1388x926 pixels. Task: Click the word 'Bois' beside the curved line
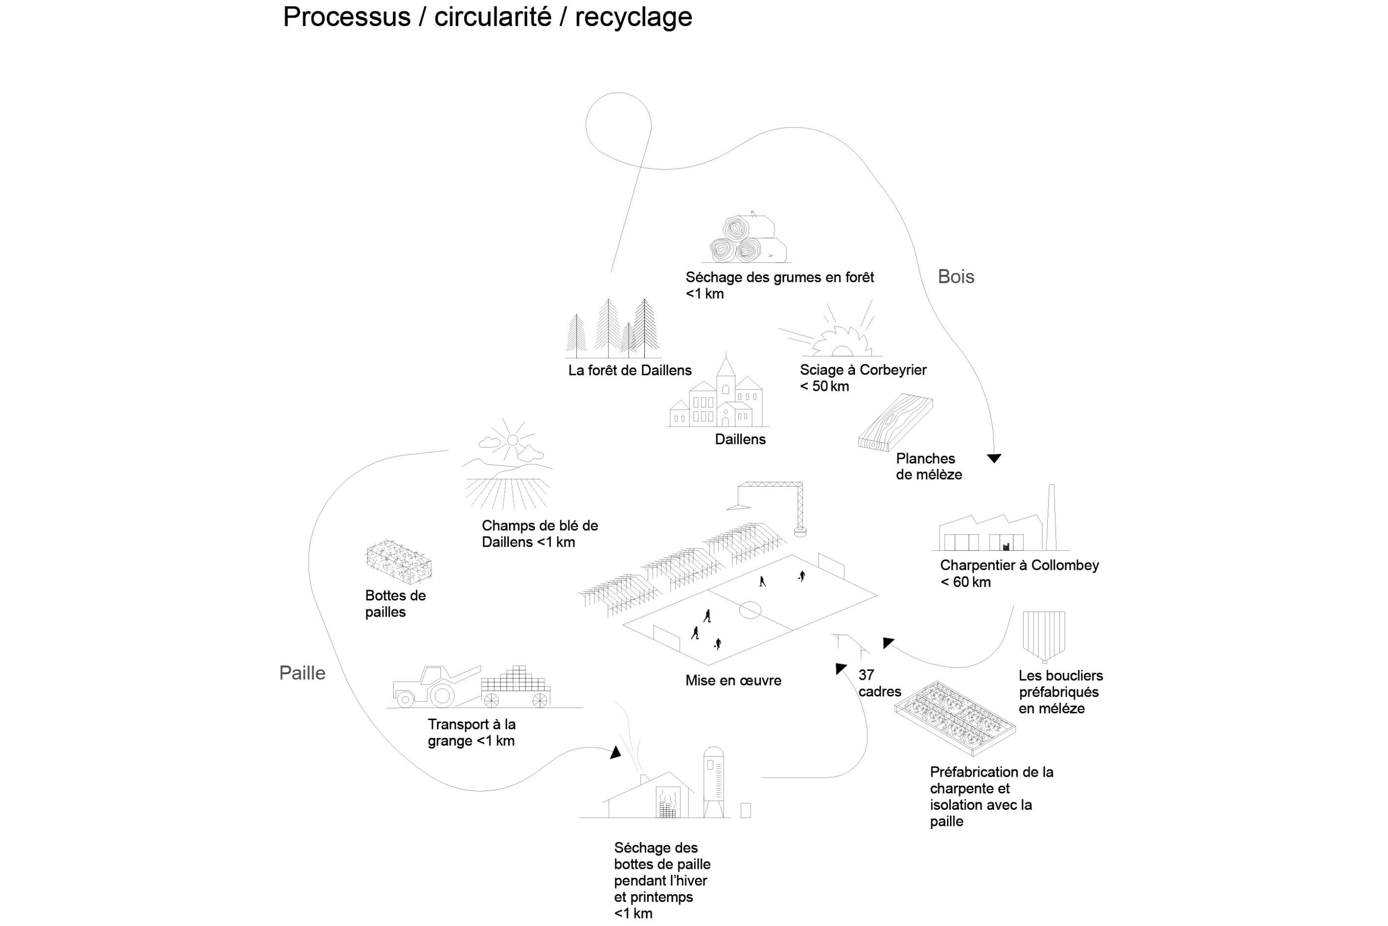pos(955,276)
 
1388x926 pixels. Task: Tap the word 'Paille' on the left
pos(302,673)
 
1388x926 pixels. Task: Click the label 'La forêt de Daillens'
pos(629,370)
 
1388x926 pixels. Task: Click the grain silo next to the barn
pos(714,780)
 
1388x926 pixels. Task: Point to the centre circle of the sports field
pos(750,609)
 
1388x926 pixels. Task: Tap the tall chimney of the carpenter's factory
pos(1051,517)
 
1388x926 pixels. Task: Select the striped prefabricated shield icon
pos(1043,635)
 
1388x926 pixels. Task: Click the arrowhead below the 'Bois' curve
pos(994,458)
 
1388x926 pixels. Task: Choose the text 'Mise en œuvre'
pos(733,680)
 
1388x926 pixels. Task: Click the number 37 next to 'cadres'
pos(866,674)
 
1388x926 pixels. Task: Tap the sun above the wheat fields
pos(512,440)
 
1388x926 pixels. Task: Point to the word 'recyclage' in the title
pos(633,17)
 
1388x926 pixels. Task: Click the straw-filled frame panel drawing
pos(954,718)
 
